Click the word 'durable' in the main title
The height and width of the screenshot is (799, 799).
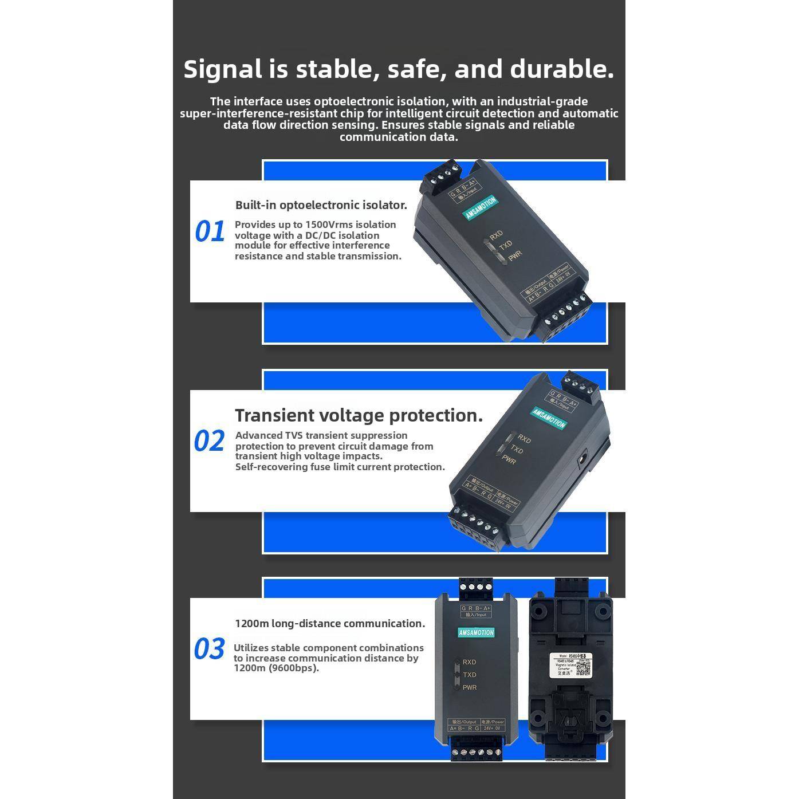(561, 69)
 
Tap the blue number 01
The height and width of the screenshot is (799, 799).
(210, 232)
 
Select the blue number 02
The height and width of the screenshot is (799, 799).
(209, 442)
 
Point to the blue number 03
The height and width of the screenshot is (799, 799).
(209, 650)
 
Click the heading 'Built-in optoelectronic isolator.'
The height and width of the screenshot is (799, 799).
(321, 205)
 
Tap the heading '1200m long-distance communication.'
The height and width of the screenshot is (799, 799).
(330, 624)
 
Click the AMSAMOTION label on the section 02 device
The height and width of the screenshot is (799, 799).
(549, 419)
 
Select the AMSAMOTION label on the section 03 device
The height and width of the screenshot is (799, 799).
(476, 633)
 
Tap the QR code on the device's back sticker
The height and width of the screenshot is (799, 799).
(583, 667)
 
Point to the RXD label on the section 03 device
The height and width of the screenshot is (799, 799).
(469, 662)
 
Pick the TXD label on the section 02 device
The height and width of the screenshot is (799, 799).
(517, 450)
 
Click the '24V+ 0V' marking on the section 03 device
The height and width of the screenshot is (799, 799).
(492, 729)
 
